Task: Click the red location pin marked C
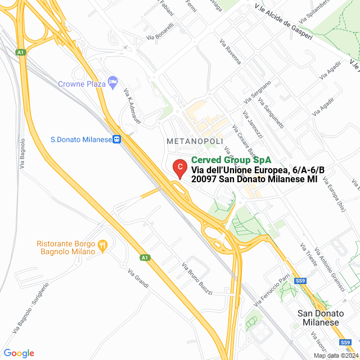(179, 168)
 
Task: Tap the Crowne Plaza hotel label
(82, 84)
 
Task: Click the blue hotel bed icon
(112, 82)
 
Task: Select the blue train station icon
(116, 139)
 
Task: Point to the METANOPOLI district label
(195, 141)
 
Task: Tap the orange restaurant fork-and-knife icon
(102, 245)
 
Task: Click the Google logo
(19, 353)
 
